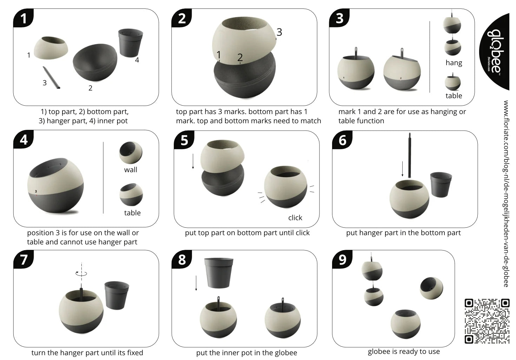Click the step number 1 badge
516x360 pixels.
[x=23, y=18]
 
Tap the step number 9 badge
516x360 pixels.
[x=342, y=260]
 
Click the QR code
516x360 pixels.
[x=487, y=321]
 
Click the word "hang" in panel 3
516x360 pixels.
[x=454, y=63]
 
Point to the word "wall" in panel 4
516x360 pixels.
[x=130, y=170]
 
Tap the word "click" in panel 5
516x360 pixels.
[x=295, y=218]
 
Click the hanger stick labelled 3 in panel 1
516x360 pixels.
[x=51, y=78]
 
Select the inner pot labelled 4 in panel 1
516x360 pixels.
[x=130, y=43]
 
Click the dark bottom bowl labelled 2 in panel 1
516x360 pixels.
[x=95, y=62]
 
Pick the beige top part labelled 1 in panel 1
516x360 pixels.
[x=51, y=48]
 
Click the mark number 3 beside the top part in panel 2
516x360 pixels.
[x=279, y=32]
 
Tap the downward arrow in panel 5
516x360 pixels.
[x=193, y=161]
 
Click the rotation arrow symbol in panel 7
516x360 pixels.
[x=81, y=273]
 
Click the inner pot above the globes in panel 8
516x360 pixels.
[x=219, y=273]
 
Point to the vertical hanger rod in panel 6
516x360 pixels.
[x=409, y=155]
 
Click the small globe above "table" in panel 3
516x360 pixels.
[x=453, y=82]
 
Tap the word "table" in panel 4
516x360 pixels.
[x=132, y=213]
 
